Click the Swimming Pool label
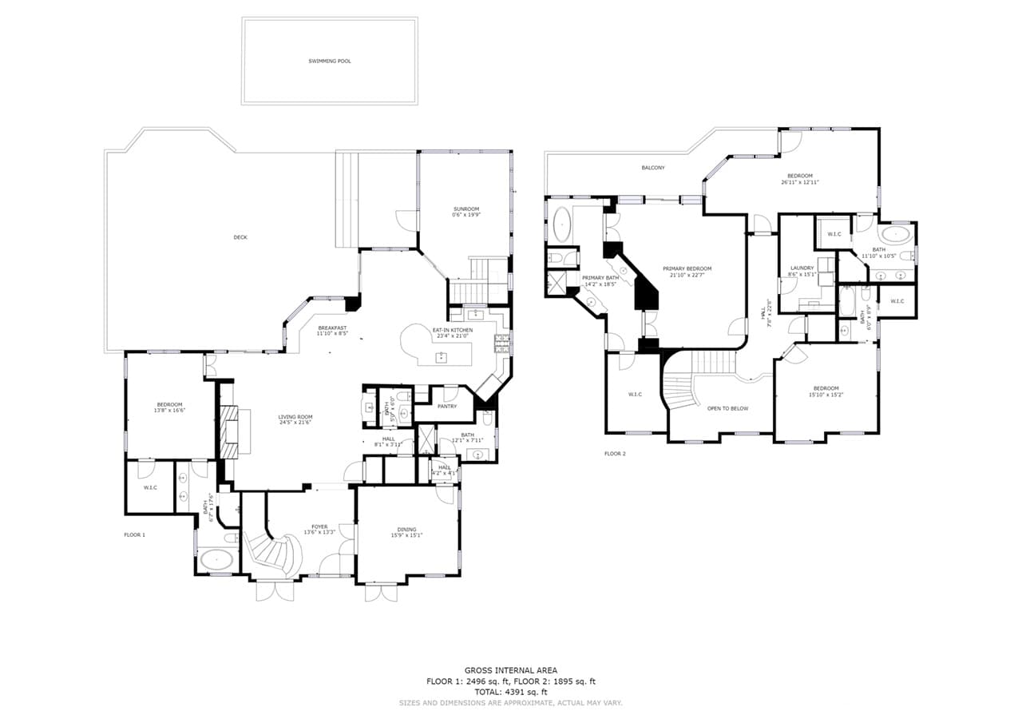pyautogui.click(x=329, y=61)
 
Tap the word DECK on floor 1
pyautogui.click(x=240, y=237)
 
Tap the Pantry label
pyautogui.click(x=447, y=406)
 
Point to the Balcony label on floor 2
pyautogui.click(x=652, y=168)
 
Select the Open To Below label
pyautogui.click(x=727, y=408)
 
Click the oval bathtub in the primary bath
pyautogui.click(x=563, y=226)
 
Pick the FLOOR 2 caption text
pyautogui.click(x=615, y=454)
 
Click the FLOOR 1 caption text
pyautogui.click(x=134, y=534)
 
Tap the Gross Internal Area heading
pyautogui.click(x=511, y=670)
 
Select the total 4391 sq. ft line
pyautogui.click(x=511, y=692)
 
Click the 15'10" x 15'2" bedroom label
pyautogui.click(x=826, y=391)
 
